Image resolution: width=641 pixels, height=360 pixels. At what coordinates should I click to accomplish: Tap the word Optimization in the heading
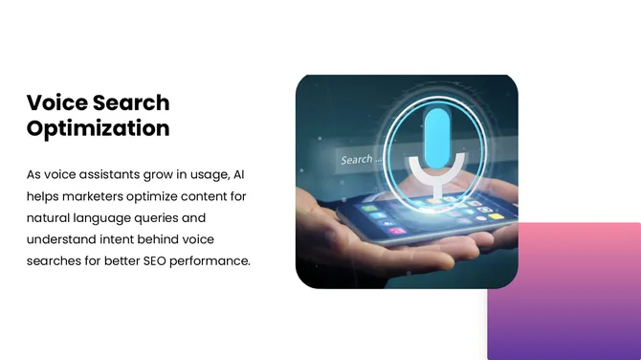[x=98, y=128]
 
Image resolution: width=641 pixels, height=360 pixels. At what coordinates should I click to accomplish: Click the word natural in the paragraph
[x=49, y=217]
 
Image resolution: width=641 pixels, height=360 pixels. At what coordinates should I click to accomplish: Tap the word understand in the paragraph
[x=61, y=238]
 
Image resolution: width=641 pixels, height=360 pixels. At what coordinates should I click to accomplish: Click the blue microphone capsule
[x=437, y=136]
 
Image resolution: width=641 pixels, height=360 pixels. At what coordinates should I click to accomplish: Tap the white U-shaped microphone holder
[x=437, y=174]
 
